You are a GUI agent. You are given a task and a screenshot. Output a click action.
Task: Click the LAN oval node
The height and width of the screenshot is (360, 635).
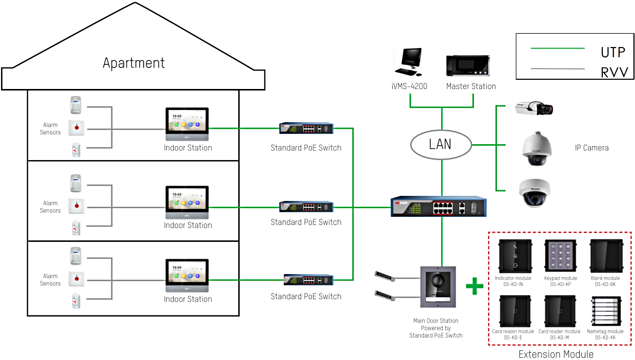(441, 145)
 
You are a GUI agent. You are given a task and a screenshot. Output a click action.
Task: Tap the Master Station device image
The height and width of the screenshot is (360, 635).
(468, 66)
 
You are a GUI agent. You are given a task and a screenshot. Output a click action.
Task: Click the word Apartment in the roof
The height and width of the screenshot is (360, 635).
(133, 63)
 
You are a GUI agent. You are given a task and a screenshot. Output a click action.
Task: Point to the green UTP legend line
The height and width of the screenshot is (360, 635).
(557, 49)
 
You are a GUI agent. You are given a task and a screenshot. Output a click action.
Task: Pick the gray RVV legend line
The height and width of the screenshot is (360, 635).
(557, 69)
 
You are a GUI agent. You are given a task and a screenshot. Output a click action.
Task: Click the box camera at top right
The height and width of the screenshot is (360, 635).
(534, 107)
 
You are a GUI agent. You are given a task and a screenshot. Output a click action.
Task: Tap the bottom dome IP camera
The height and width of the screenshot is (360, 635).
(534, 193)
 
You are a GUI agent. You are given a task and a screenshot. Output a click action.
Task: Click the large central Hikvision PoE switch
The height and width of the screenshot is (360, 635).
(439, 207)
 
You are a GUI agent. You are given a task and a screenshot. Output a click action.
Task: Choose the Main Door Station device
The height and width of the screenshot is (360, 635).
(438, 287)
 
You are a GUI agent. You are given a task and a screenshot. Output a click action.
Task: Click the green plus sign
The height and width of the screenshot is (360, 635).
(474, 286)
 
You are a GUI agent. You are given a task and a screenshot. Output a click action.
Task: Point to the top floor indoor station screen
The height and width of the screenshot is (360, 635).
(187, 122)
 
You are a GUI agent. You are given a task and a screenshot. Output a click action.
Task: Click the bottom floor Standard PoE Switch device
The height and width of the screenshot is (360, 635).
(308, 280)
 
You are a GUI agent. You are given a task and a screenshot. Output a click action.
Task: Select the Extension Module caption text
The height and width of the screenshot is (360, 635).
(556, 354)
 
